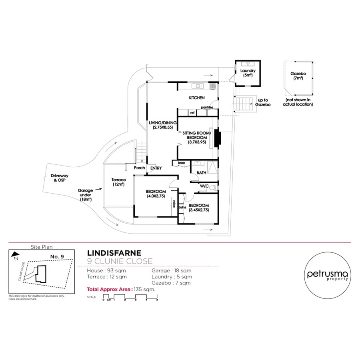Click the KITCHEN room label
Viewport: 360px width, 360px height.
coord(197,98)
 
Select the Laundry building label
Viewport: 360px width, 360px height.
coord(248,73)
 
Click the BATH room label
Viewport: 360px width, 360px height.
coord(202,173)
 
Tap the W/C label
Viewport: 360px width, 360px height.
coord(204,186)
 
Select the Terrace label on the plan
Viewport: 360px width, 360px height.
coord(118,182)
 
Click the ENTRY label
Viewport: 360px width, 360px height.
coord(156,168)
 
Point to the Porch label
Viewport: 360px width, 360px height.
coord(139,168)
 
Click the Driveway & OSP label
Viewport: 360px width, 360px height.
coord(60,178)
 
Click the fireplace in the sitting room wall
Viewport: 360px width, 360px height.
coord(217,138)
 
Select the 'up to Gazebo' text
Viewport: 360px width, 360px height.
coord(263,102)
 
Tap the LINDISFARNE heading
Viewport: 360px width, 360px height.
coord(114,253)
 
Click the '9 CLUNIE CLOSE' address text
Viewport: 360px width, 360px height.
coord(120,262)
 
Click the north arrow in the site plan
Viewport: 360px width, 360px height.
coord(15,254)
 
